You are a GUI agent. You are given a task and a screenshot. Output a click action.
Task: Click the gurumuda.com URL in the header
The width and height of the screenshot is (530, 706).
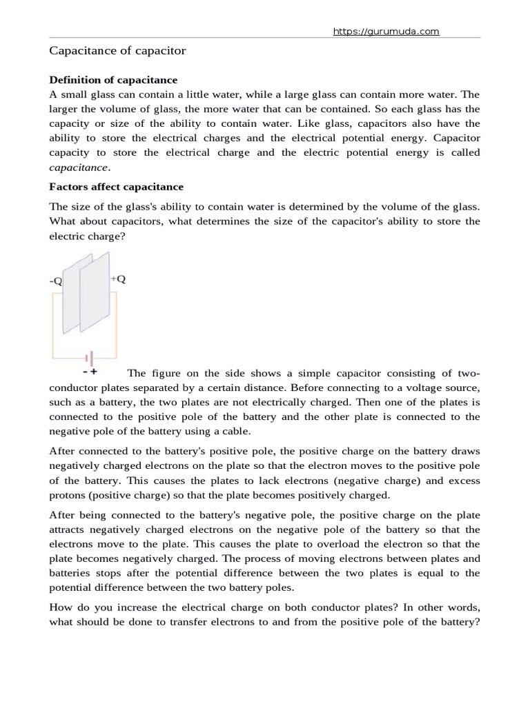pos(386,32)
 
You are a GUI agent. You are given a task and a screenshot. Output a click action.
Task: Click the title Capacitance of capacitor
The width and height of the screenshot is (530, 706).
pos(117,51)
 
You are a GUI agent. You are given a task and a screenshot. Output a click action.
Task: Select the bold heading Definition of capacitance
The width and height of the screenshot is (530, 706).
pos(112,80)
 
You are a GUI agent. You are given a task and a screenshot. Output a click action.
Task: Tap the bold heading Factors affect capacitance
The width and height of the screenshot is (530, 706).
pos(116,187)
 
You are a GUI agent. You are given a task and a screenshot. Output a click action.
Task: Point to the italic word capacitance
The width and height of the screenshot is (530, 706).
pos(79,167)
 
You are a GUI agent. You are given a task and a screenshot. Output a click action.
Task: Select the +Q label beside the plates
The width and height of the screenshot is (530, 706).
pos(118,279)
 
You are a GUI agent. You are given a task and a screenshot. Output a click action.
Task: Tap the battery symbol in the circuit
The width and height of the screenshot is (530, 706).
pos(88,358)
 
